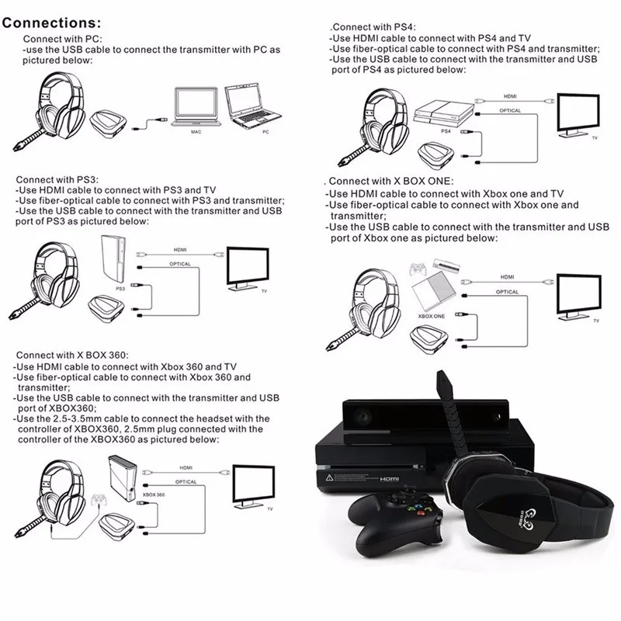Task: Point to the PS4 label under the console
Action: pyautogui.click(x=446, y=133)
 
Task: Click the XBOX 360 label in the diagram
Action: pyautogui.click(x=154, y=494)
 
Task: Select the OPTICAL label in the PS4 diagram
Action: pyautogui.click(x=510, y=110)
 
